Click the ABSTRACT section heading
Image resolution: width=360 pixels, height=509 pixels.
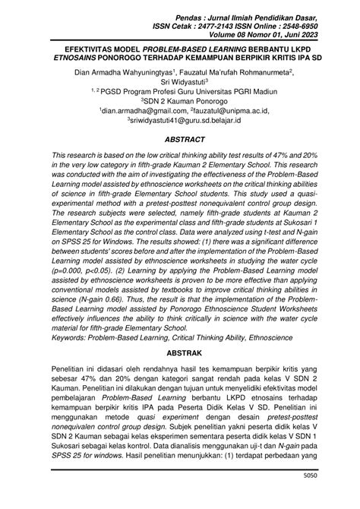click(179, 141)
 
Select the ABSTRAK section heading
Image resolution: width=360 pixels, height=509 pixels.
click(179, 354)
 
